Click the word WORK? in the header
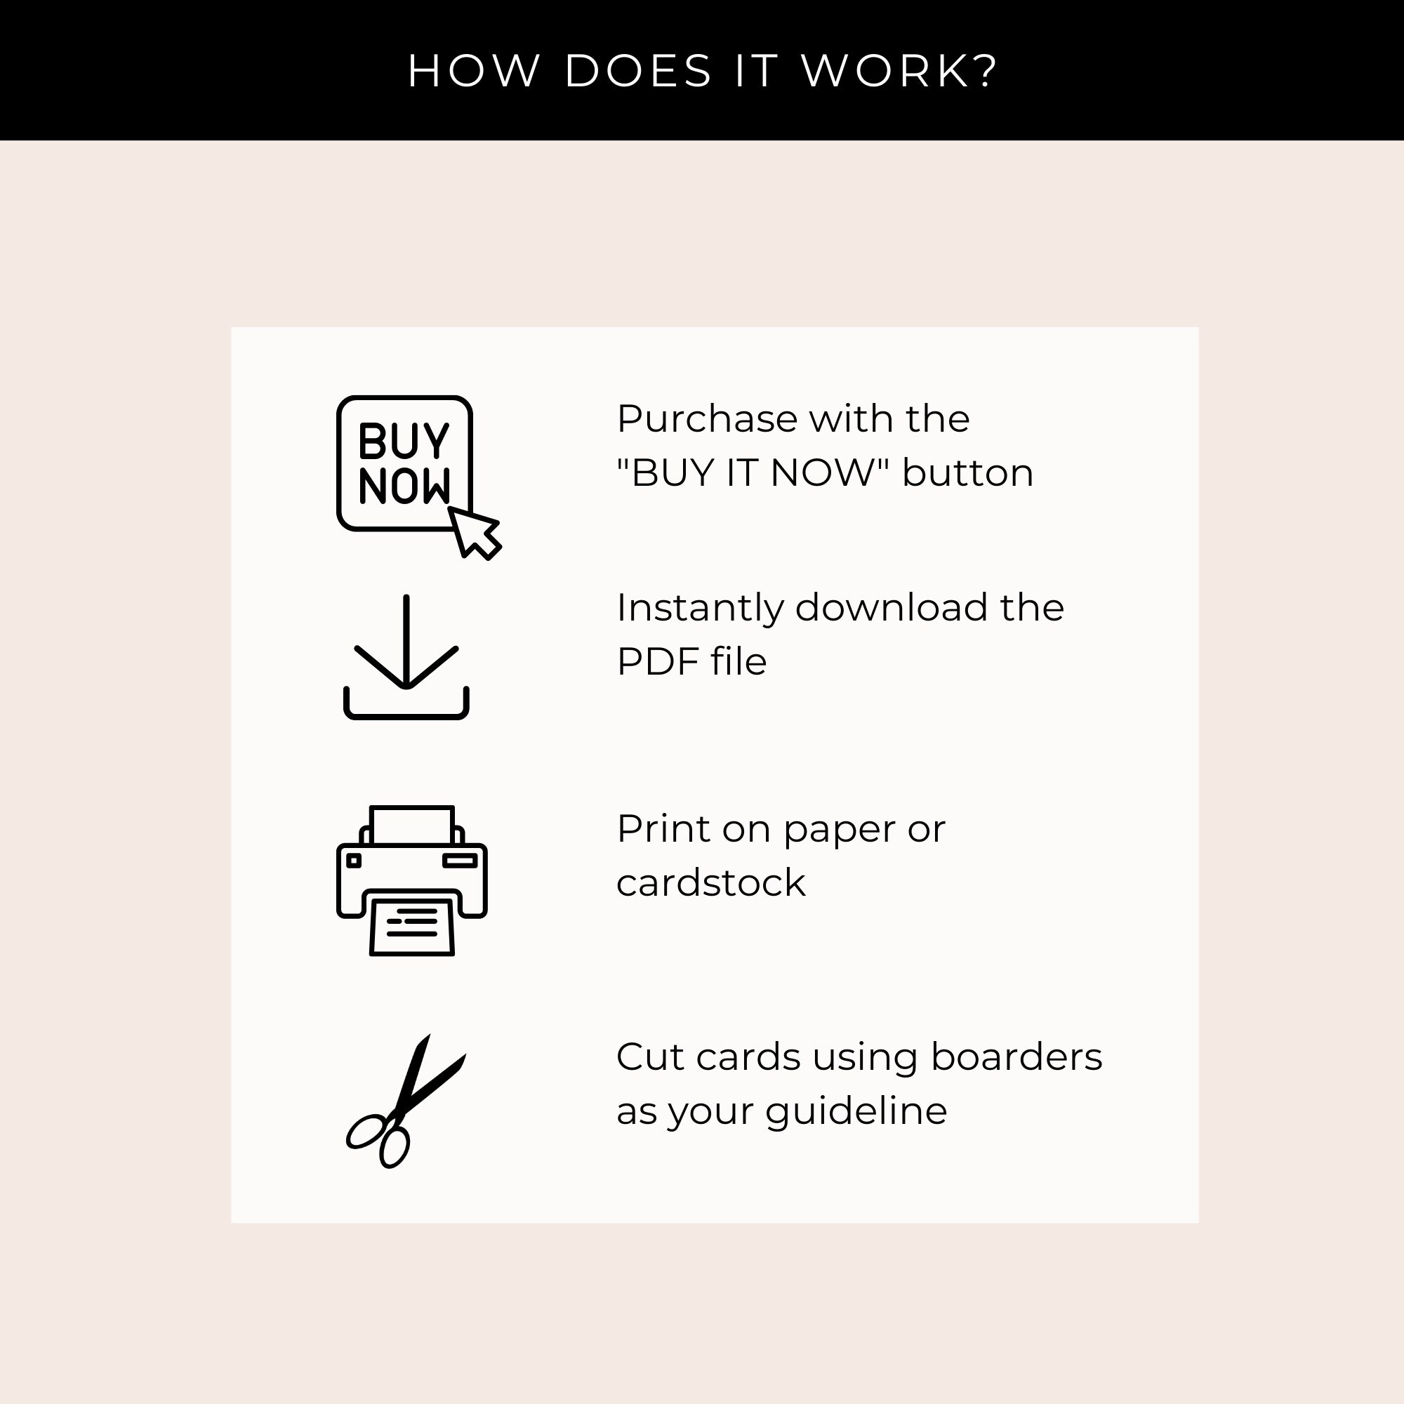click(x=900, y=71)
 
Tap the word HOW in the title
click(x=474, y=71)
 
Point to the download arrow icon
click(x=406, y=656)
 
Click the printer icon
click(x=412, y=881)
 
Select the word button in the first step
click(x=967, y=473)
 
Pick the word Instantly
click(x=700, y=609)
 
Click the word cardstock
click(x=710, y=883)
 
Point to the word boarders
click(x=1016, y=1057)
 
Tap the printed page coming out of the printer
click(x=412, y=927)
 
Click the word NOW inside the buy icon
click(x=404, y=486)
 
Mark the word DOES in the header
click(x=638, y=71)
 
